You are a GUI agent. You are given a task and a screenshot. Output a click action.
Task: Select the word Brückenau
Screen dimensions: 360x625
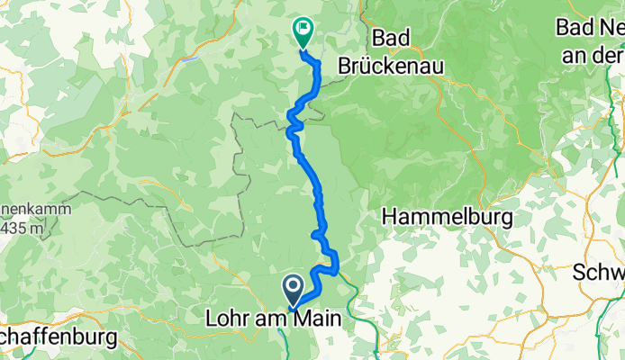[387, 65]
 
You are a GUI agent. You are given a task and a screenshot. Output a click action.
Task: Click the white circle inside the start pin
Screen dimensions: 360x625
[294, 286]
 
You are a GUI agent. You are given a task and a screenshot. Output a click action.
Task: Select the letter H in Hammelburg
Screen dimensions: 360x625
[389, 217]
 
